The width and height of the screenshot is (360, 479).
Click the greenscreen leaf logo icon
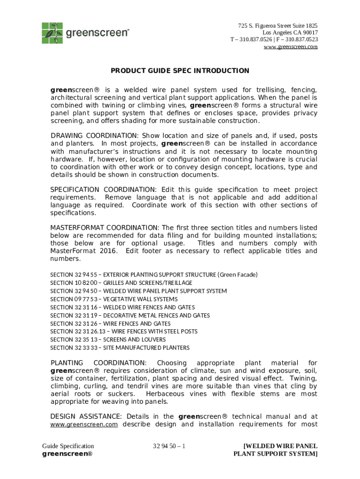52,32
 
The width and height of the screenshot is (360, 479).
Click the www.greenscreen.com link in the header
291,47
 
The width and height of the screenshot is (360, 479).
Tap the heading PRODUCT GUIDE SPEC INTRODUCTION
180,71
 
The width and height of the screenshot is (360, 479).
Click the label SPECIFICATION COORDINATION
103,189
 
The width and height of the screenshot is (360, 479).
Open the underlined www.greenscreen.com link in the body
84,425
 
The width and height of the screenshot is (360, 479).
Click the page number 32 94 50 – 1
169,446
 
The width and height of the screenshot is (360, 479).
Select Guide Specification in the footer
68,446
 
